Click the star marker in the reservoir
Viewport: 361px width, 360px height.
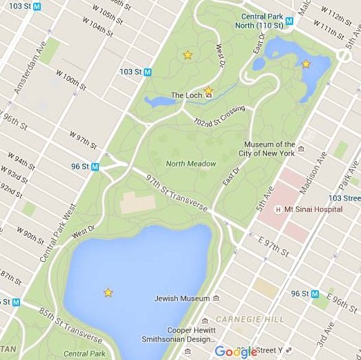coord(108,292)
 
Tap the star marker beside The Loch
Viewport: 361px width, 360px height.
coord(208,91)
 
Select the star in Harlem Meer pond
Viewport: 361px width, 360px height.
coord(306,64)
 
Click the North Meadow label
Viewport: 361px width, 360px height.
coord(191,164)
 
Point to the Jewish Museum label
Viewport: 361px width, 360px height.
coord(182,299)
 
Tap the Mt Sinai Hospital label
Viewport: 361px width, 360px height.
coord(313,209)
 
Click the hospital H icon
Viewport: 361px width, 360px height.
coord(278,209)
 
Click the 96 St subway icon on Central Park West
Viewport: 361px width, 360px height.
coord(95,167)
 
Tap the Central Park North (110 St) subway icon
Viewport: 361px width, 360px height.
coord(290,21)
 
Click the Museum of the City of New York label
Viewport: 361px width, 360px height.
coord(270,149)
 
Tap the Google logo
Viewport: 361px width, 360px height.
coord(236,352)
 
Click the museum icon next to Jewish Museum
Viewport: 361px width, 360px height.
coord(216,299)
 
